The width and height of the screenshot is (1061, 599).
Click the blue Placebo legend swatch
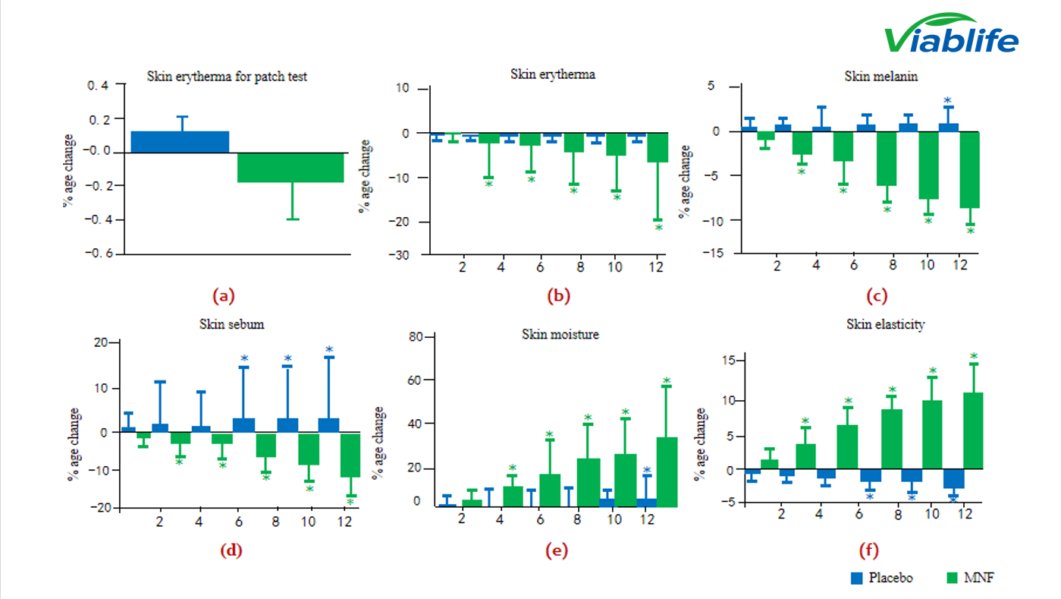pyautogui.click(x=856, y=578)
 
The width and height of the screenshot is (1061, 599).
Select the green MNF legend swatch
pyautogui.click(x=953, y=578)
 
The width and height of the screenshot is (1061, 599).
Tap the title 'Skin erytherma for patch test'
pyautogui.click(x=227, y=77)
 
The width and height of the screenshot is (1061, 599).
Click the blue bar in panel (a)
pyautogui.click(x=180, y=142)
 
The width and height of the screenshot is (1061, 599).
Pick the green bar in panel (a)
pyautogui.click(x=290, y=168)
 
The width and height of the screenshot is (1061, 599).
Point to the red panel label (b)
pyautogui.click(x=558, y=296)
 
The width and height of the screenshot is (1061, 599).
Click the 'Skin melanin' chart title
pyautogui.click(x=872, y=76)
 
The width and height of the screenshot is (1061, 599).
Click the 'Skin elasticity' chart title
pyautogui.click(x=885, y=324)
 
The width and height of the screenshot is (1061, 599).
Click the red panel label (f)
pyautogui.click(x=868, y=551)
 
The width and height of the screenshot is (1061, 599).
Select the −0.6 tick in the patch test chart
pyautogui.click(x=99, y=254)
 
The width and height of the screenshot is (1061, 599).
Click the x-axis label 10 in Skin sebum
pyautogui.click(x=307, y=522)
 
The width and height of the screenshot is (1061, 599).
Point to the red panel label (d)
pyautogui.click(x=231, y=551)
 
